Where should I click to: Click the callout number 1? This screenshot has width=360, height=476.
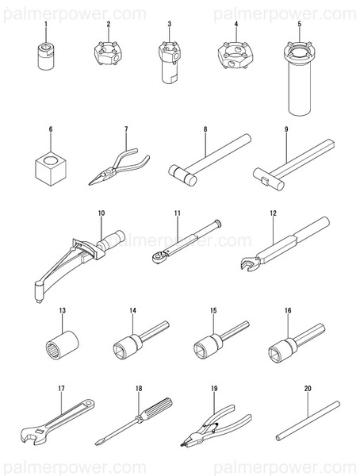coord(46,24)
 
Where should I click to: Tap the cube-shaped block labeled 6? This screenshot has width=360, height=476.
coord(51,168)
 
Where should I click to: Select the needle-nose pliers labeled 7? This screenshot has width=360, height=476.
coord(119,167)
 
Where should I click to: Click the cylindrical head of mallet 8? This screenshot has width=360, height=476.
coord(182,175)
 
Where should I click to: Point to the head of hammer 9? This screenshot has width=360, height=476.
coord(269,179)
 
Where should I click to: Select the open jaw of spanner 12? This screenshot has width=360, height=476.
coord(249,263)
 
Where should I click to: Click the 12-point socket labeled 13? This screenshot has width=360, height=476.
coord(62,345)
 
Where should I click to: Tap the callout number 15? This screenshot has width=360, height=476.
coord(213,310)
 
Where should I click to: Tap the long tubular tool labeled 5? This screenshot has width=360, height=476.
coord(299,79)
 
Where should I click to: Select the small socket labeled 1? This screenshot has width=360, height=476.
coord(46,56)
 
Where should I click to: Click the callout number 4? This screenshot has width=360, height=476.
coord(236,24)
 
